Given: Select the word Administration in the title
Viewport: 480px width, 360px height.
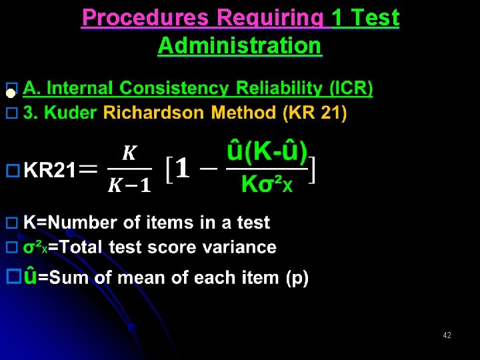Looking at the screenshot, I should tap(240, 46).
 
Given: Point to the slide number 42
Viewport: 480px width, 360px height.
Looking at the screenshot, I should tap(447, 335).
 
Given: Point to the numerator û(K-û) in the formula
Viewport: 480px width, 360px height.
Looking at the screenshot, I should tap(267, 154).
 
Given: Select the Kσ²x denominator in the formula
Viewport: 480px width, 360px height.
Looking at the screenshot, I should tap(267, 184).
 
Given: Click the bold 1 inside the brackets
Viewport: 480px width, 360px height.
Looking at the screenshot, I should tap(183, 169).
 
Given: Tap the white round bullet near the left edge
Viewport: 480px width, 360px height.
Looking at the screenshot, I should tap(10, 94).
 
